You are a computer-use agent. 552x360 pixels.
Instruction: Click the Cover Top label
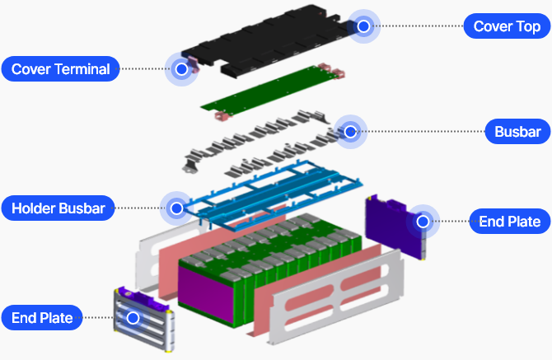[x=507, y=26]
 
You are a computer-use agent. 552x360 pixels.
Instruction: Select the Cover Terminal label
[x=60, y=68]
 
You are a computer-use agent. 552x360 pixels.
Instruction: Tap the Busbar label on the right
[x=517, y=131]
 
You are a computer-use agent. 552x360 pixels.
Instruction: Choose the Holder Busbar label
[x=58, y=208]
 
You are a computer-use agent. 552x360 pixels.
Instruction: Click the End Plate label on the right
[x=509, y=221]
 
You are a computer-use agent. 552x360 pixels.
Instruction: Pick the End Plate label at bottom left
[x=42, y=317]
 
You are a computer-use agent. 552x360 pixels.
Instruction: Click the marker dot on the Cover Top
[x=363, y=26]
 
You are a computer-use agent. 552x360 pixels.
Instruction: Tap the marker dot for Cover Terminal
[x=181, y=69]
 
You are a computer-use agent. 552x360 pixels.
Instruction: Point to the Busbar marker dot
[x=350, y=131]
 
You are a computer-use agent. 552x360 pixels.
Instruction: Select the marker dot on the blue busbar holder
[x=175, y=208]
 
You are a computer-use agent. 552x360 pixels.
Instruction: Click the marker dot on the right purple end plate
[x=423, y=221]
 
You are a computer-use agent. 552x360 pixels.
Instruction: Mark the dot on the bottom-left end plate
[x=133, y=317]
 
